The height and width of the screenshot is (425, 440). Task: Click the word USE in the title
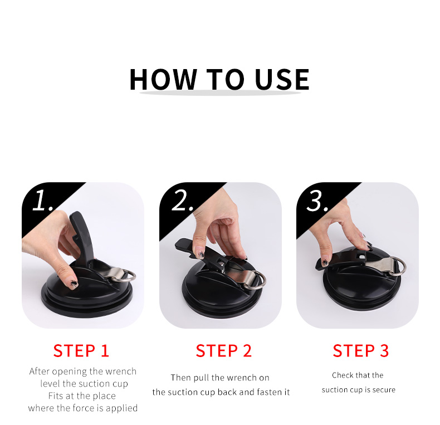(x=282, y=79)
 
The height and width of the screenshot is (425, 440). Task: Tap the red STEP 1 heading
(x=81, y=351)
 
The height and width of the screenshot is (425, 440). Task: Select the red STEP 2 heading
(x=224, y=351)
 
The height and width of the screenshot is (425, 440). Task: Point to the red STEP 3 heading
(x=361, y=351)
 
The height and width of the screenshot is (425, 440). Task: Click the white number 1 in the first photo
(x=41, y=201)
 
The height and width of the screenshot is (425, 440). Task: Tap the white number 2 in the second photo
(x=181, y=201)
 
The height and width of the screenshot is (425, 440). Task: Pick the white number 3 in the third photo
(x=316, y=201)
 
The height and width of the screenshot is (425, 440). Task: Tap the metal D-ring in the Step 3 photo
(x=397, y=265)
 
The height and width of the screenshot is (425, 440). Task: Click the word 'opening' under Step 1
(x=70, y=372)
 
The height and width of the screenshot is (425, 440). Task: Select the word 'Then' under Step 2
(x=182, y=378)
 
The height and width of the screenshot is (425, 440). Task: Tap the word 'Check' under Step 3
(x=344, y=375)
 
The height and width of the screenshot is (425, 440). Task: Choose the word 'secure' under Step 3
(x=383, y=390)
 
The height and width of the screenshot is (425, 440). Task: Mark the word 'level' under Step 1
(x=50, y=384)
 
